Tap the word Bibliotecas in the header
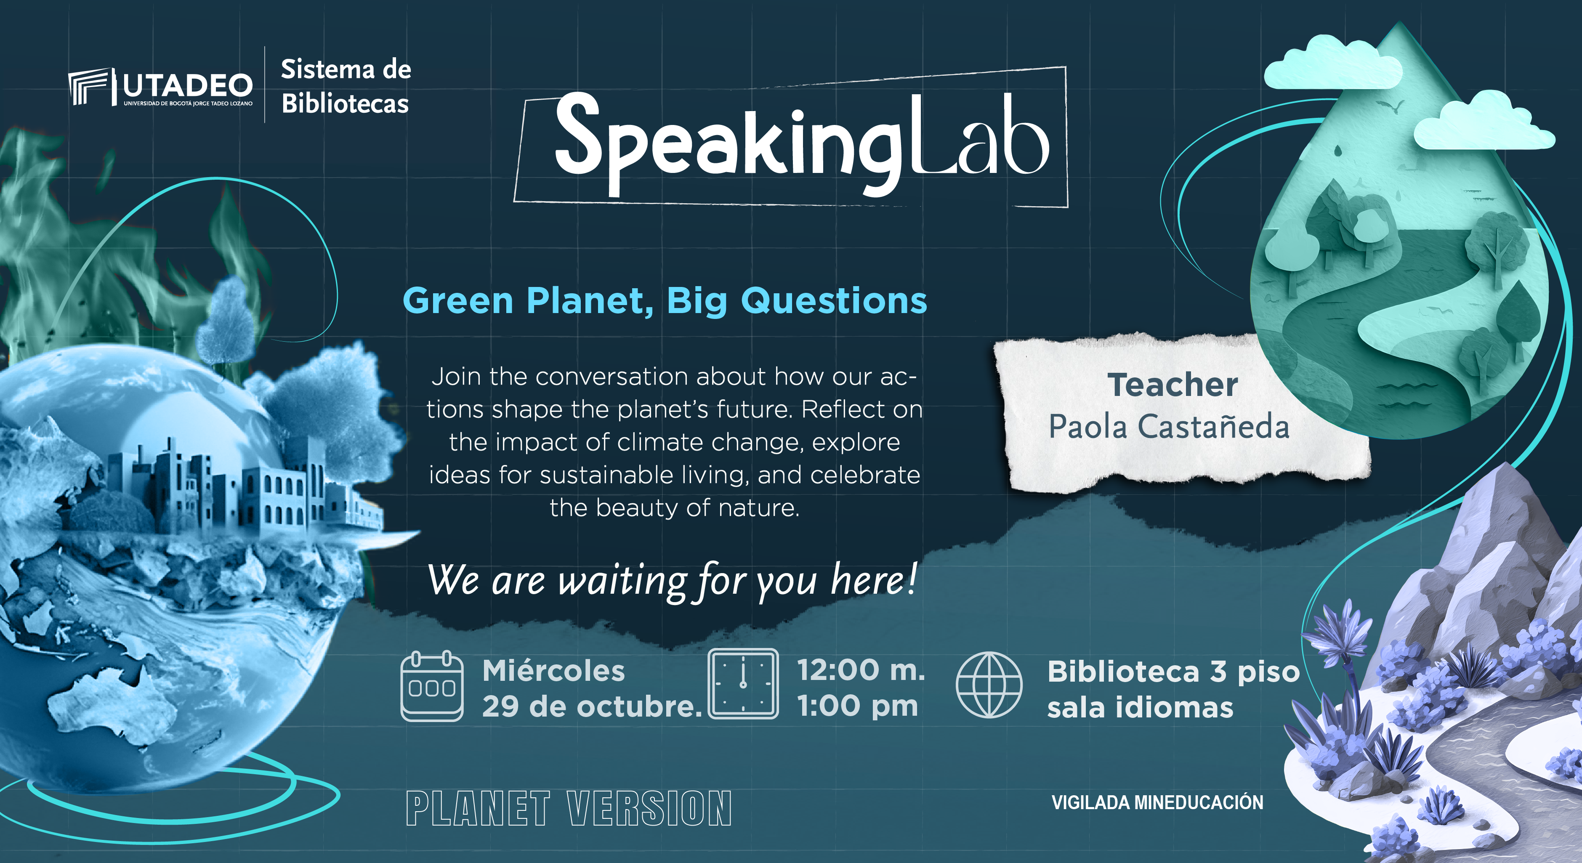[x=345, y=103]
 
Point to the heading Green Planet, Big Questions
[x=665, y=301]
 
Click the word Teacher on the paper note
[x=1173, y=385]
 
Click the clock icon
[x=743, y=683]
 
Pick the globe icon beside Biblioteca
[x=989, y=685]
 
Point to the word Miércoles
[x=553, y=670]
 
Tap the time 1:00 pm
[x=857, y=706]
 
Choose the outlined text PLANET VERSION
[x=569, y=808]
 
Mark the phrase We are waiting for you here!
[x=673, y=580]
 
